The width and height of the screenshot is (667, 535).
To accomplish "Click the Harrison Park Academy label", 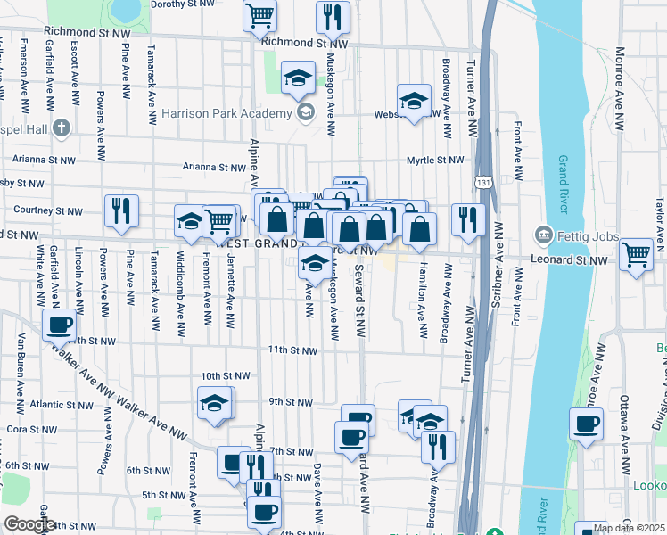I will (226, 113).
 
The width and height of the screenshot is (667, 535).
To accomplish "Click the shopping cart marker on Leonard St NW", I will (636, 254).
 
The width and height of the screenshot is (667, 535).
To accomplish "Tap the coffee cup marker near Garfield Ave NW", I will (60, 325).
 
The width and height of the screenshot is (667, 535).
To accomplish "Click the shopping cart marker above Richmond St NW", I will (260, 14).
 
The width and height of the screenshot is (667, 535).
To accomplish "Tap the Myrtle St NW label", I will (435, 160).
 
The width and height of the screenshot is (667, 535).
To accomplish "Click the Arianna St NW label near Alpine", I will (213, 167).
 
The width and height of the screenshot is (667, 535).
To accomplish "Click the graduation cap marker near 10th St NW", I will (214, 403).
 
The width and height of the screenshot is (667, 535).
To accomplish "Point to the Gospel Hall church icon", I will (61, 127).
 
